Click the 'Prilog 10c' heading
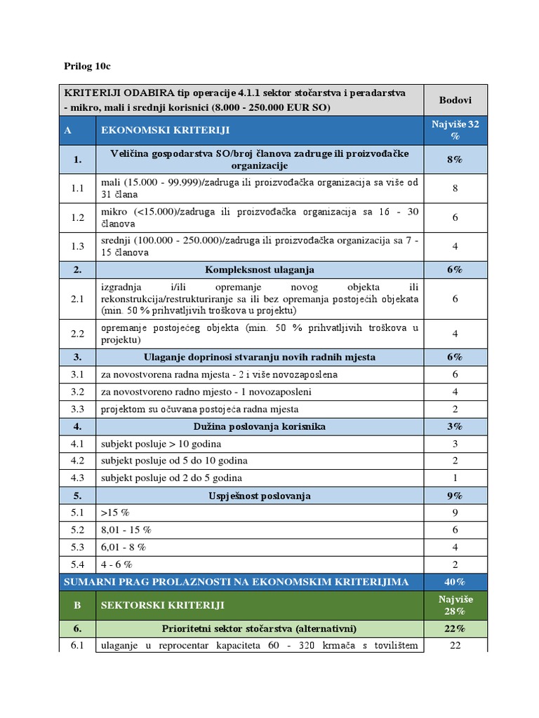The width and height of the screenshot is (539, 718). pyautogui.click(x=88, y=66)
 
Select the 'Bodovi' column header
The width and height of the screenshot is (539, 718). pyautogui.click(x=455, y=100)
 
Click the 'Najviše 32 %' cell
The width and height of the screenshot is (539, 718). pyautogui.click(x=455, y=130)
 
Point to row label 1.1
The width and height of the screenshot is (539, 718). pyautogui.click(x=77, y=189)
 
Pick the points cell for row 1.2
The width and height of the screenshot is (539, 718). pyautogui.click(x=455, y=217)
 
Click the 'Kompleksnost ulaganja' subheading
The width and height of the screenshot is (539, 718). pyautogui.click(x=260, y=269)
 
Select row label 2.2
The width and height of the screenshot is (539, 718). pyautogui.click(x=77, y=334)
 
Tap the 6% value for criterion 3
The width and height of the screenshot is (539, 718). pyautogui.click(x=455, y=357)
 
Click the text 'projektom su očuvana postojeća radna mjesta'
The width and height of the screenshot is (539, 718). pyautogui.click(x=190, y=409)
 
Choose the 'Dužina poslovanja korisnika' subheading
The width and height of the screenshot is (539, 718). pyautogui.click(x=260, y=426)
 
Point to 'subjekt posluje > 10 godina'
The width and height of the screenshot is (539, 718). pyautogui.click(x=161, y=444)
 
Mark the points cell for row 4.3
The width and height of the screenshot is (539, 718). pyautogui.click(x=455, y=478)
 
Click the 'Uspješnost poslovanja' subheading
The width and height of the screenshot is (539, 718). pyautogui.click(x=260, y=496)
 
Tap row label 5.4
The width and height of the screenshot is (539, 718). pyautogui.click(x=77, y=564)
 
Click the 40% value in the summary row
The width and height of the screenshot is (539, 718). pyautogui.click(x=455, y=582)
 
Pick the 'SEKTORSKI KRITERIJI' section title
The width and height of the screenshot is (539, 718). pyautogui.click(x=164, y=604)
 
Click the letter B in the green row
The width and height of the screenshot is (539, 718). pyautogui.click(x=77, y=604)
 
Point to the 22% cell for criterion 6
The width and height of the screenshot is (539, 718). pyautogui.click(x=455, y=628)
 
